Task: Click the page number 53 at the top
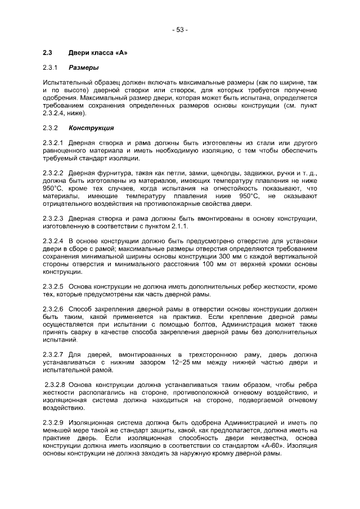click(180, 29)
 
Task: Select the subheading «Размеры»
click(84, 68)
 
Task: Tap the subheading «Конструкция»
click(91, 128)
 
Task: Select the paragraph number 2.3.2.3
click(53, 218)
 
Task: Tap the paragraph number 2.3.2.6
click(53, 310)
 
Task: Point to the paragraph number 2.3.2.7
click(53, 355)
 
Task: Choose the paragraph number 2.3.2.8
click(55, 384)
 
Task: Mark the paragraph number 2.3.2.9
click(53, 422)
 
